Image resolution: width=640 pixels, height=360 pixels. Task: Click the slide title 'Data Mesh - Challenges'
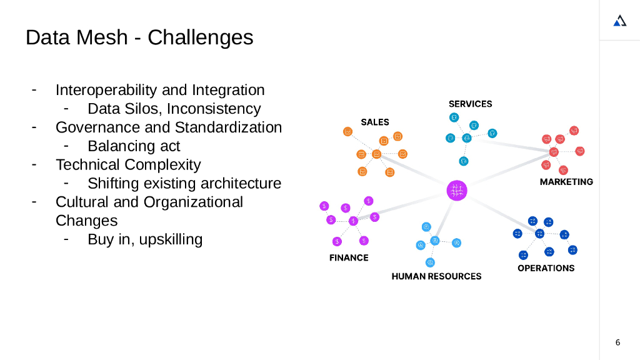pos(139,37)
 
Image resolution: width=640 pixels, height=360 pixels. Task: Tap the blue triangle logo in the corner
pos(619,21)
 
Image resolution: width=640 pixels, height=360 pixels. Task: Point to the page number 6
pos(618,342)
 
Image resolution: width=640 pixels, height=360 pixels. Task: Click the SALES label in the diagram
pos(375,122)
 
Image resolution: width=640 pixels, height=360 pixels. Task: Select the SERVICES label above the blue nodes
pos(470,104)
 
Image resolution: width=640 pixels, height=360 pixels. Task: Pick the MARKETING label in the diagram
pos(566,182)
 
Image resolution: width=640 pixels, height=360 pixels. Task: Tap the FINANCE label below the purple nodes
pos(349,257)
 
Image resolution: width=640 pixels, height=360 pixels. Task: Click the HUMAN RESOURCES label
pos(436,276)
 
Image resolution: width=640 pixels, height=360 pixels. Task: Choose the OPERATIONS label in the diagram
pos(546,268)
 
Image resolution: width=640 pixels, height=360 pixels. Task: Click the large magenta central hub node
pos(457,190)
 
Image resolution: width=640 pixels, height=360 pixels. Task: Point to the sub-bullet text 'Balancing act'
pos(134,146)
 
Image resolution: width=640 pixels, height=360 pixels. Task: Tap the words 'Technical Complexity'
pos(128,165)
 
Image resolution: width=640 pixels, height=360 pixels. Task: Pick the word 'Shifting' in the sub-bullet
pos(113,184)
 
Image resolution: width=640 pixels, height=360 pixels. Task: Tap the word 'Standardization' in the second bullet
pos(228,127)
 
